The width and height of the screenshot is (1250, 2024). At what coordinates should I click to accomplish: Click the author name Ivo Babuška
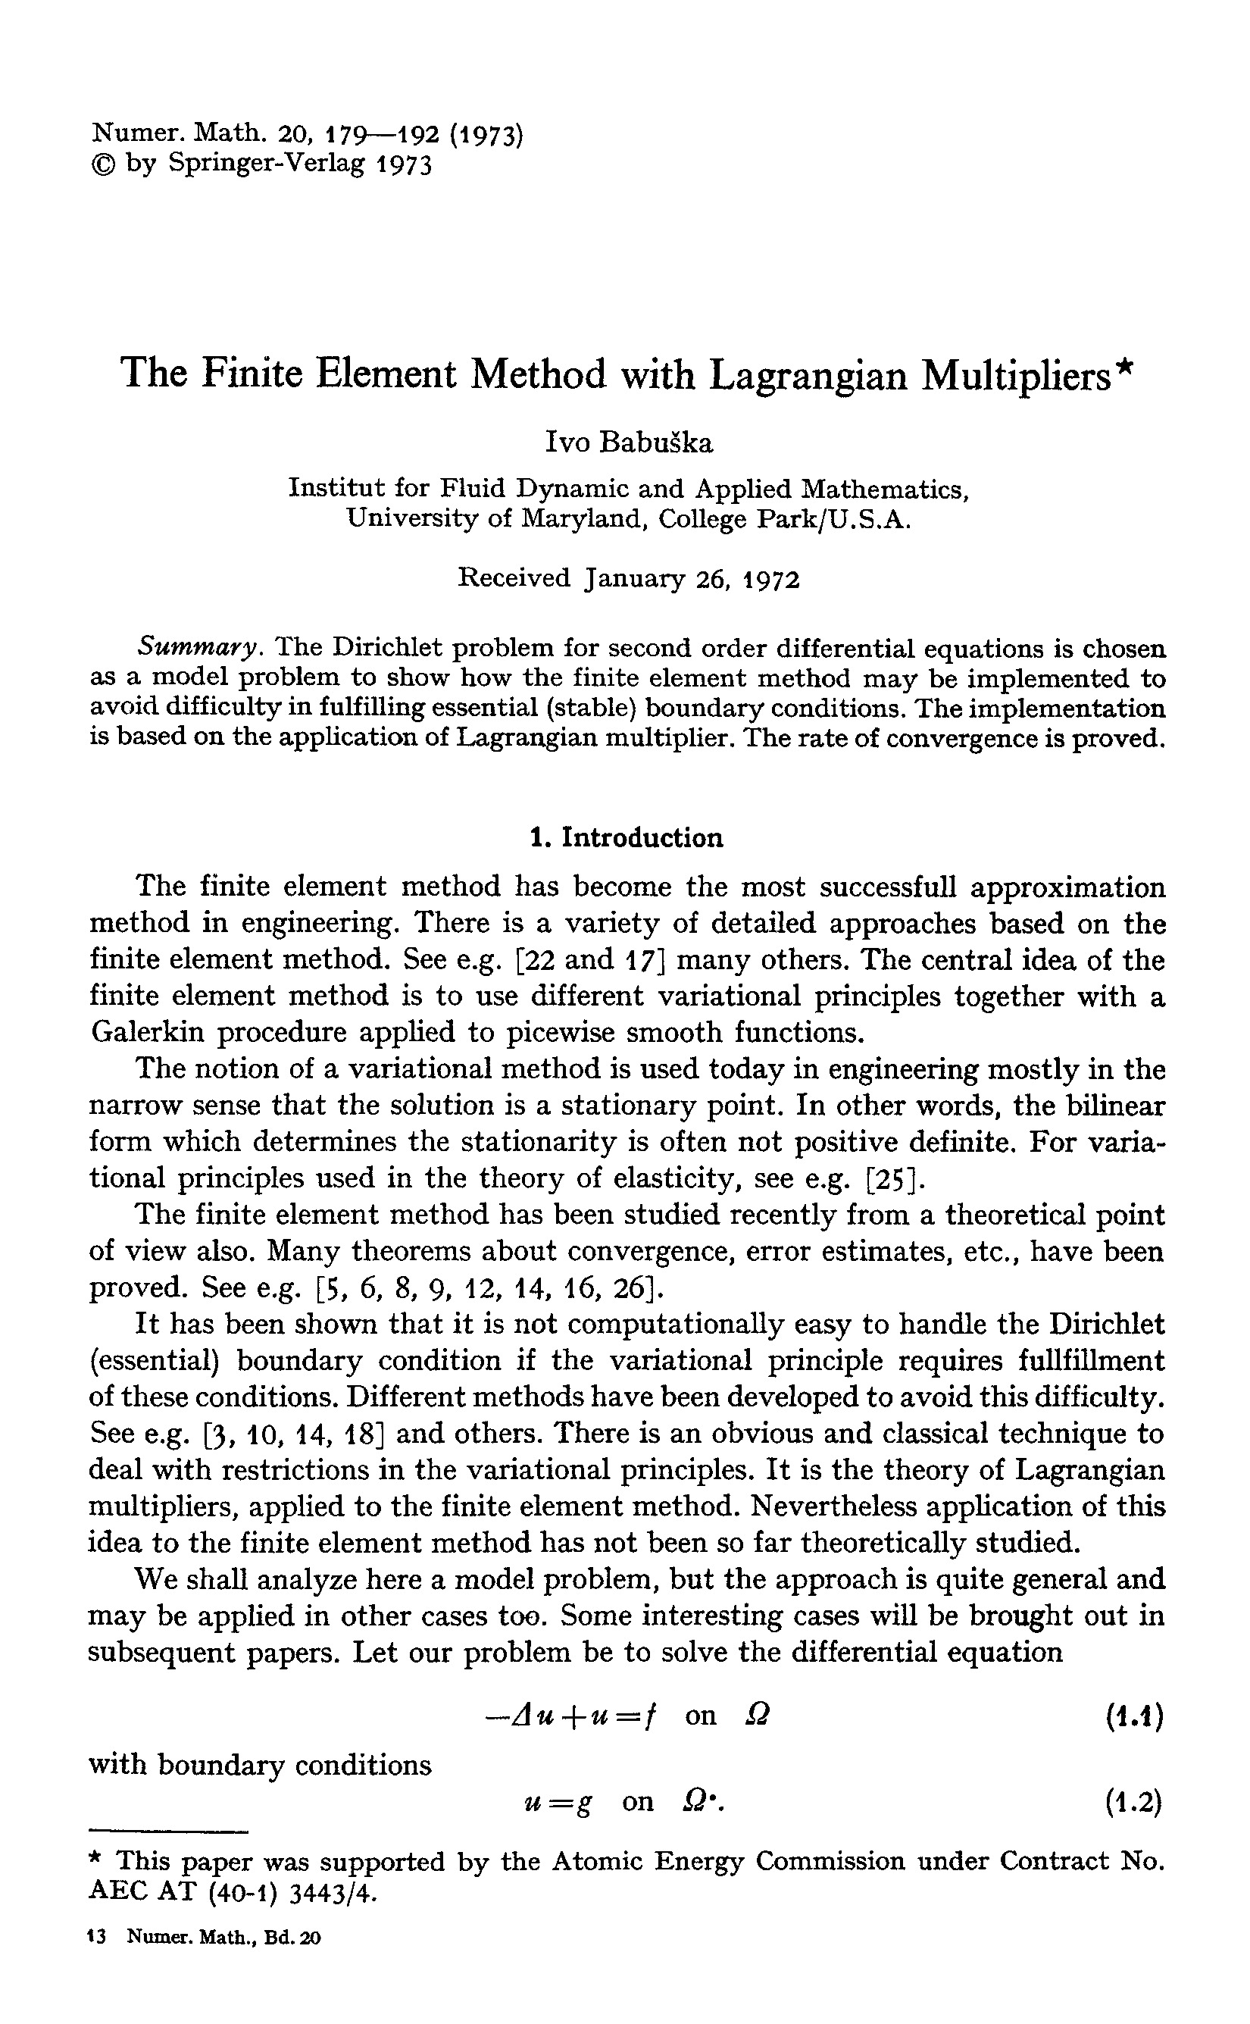(x=628, y=443)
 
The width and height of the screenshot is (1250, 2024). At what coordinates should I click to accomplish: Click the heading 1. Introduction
(x=626, y=837)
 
